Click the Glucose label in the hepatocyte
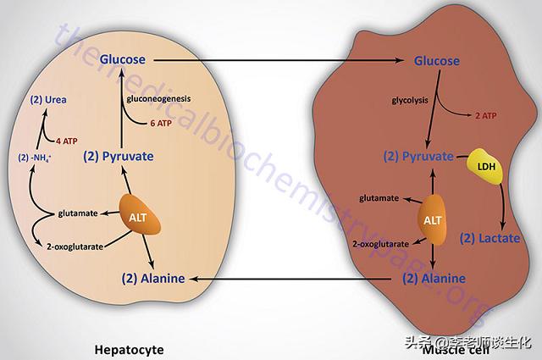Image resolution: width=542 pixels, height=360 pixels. tap(124, 59)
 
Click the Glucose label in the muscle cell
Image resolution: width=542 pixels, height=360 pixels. tap(436, 60)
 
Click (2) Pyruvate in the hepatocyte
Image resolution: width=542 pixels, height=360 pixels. tap(119, 157)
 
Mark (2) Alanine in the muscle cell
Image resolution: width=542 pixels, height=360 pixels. tap(434, 277)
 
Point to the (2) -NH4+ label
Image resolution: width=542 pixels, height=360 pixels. tap(36, 157)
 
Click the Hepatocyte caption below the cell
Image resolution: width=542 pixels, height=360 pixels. tap(129, 348)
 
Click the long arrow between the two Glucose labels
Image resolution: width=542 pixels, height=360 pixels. tap(279, 60)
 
